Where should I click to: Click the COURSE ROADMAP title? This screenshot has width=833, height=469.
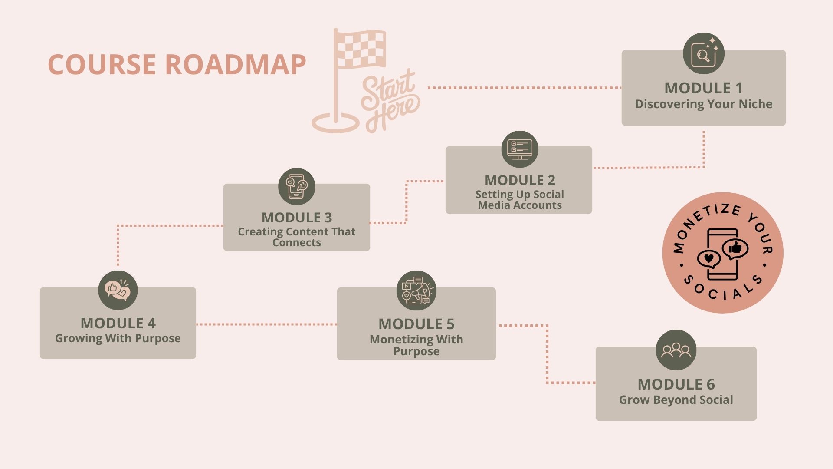177,64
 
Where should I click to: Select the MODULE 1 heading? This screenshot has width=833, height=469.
703,88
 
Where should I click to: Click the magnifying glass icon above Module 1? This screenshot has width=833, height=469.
704,53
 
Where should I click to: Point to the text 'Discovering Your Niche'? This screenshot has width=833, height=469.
703,104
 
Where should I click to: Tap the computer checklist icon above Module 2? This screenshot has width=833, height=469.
520,149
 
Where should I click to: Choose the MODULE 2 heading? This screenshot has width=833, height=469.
520,180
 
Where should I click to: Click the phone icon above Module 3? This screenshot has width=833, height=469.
297,187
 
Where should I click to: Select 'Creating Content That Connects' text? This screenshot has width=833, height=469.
297,237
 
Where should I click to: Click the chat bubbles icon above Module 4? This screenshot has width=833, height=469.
118,290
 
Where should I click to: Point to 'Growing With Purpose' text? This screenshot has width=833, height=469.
118,338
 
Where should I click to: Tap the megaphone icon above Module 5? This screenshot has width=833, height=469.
416,291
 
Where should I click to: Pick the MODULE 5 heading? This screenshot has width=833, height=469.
416,324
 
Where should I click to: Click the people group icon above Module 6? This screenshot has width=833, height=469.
676,350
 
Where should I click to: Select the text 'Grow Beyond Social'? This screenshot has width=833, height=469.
676,400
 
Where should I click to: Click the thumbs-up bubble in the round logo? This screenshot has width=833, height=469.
735,249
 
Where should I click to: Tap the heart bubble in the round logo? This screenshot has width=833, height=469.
708,259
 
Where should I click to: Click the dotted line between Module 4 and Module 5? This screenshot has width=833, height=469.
266,324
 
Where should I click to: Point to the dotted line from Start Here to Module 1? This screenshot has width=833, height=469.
525,88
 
